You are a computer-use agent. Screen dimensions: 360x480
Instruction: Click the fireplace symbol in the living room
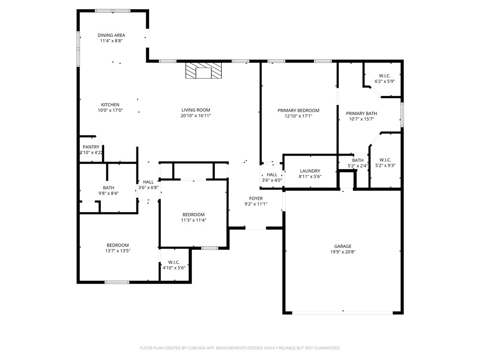203,72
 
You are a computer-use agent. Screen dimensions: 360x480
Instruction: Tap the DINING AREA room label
112,35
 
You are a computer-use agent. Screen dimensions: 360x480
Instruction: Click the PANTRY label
91,147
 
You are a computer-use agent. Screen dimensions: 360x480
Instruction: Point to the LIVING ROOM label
196,110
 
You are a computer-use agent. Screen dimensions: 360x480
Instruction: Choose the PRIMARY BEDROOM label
298,111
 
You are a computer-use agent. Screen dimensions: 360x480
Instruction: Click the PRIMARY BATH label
361,113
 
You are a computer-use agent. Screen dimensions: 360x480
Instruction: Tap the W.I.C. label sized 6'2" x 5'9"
385,76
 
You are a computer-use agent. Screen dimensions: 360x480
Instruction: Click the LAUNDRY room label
309,171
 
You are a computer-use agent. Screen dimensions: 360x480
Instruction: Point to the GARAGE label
343,247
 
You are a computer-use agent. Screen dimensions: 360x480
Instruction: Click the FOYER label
256,199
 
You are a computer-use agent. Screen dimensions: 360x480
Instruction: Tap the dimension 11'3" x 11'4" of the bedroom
194,220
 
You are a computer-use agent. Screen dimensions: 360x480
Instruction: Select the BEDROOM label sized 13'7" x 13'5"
118,245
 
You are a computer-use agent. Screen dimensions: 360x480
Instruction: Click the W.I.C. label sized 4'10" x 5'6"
174,262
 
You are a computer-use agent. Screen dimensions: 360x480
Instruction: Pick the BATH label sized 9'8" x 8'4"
108,187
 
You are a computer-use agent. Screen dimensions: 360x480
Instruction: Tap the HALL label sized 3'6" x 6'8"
149,182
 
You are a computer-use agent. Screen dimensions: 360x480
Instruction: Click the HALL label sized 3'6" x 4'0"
272,175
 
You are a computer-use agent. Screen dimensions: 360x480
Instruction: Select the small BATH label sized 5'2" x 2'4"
358,160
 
